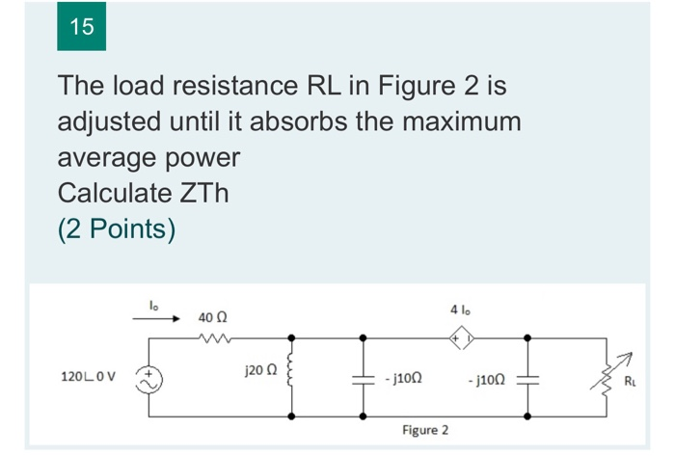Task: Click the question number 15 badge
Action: click(x=82, y=27)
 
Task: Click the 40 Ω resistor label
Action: click(x=212, y=316)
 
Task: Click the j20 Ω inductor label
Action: click(x=259, y=369)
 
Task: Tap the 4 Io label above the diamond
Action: click(x=460, y=310)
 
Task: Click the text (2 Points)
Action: click(x=116, y=229)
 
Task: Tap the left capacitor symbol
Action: click(x=362, y=378)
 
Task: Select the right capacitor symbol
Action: click(x=528, y=378)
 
